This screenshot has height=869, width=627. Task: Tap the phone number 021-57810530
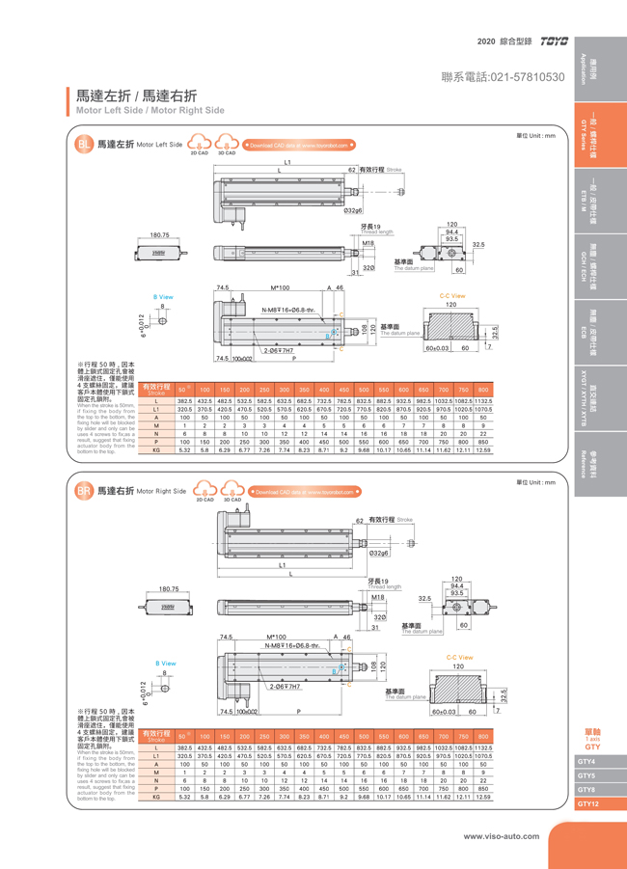(x=502, y=76)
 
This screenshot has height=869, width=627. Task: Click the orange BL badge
(x=84, y=145)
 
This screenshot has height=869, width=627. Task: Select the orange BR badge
(x=84, y=490)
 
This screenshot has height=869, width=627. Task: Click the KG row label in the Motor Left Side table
(x=156, y=449)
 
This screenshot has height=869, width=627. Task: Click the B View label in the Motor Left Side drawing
(x=163, y=297)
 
